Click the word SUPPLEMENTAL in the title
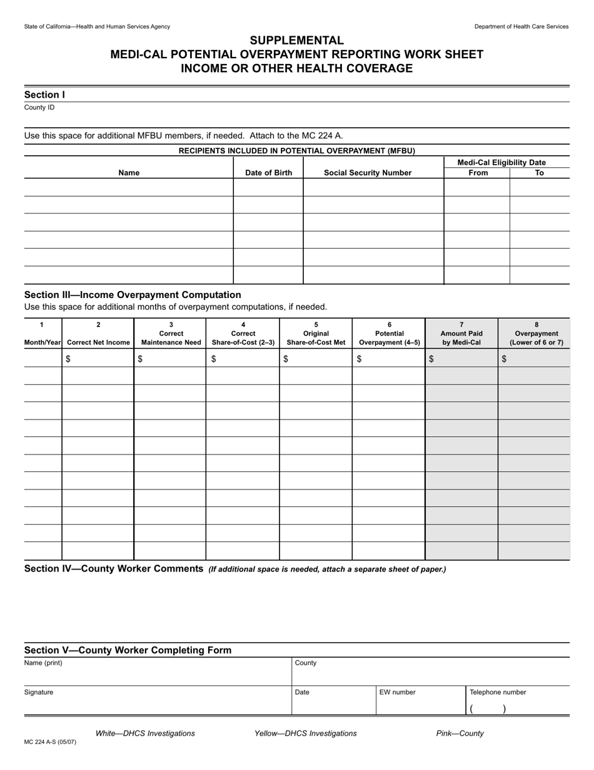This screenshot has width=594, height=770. [x=296, y=41]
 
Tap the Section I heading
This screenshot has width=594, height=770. [x=44, y=95]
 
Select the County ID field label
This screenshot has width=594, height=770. [x=39, y=108]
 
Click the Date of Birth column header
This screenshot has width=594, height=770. [x=268, y=173]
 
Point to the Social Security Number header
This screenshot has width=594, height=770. [x=368, y=173]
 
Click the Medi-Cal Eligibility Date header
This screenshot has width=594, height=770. [x=506, y=162]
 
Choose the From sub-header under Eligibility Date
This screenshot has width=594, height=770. [x=478, y=173]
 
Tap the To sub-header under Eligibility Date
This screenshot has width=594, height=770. [x=540, y=173]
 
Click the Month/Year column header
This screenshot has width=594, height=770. [x=43, y=342]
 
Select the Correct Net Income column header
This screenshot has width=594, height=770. [x=98, y=342]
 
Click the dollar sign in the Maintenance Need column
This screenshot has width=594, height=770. [x=140, y=359]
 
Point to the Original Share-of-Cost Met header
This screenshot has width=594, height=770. [x=316, y=338]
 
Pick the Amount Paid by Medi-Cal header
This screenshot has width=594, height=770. [x=461, y=338]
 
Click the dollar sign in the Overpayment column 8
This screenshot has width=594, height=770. [x=505, y=359]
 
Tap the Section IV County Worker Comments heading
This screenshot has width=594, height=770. [x=114, y=568]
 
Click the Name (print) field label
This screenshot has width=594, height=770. [x=43, y=663]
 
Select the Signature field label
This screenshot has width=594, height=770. [x=39, y=692]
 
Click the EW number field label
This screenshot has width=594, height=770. [x=397, y=692]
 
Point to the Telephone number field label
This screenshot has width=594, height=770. [x=498, y=692]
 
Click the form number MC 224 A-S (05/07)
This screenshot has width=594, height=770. [x=50, y=742]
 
